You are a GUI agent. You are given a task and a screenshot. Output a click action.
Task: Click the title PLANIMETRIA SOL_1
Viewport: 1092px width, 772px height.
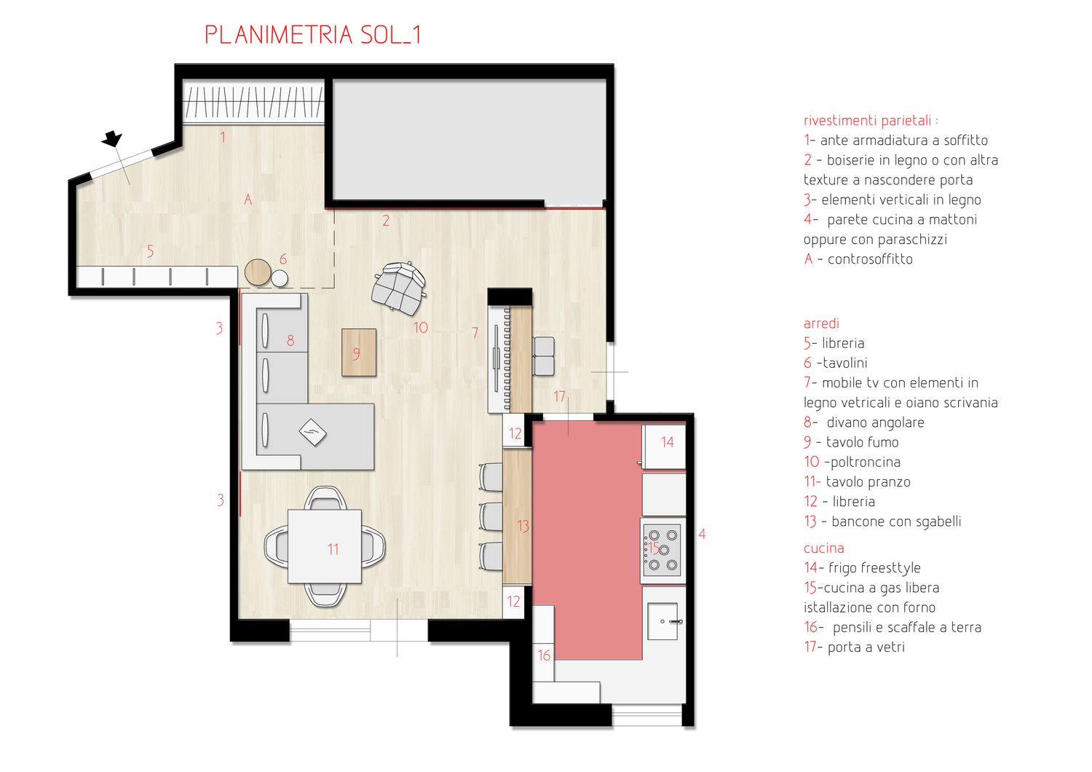[312, 35]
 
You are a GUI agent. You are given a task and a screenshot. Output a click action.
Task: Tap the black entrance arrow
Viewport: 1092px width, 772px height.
[112, 138]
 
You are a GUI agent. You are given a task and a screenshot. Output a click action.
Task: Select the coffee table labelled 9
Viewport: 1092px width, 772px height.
[359, 352]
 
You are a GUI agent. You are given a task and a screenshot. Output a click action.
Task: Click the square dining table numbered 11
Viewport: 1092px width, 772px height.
[325, 547]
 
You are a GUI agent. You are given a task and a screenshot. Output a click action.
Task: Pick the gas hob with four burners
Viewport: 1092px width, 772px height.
[662, 550]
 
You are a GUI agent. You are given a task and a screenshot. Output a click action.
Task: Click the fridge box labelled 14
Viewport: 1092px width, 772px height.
[665, 446]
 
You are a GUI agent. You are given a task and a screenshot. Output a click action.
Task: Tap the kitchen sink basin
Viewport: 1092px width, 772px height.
[662, 621]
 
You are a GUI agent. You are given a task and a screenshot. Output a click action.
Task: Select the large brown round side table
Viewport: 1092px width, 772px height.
[258, 272]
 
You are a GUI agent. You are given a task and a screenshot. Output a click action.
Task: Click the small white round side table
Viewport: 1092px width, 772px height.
[280, 279]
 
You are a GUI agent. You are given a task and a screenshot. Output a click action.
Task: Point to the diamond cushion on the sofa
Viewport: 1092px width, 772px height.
[312, 432]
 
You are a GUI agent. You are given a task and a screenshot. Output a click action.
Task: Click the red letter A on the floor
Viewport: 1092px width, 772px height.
[248, 199]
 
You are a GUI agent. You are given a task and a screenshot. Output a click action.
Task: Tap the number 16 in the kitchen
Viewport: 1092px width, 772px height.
[544, 655]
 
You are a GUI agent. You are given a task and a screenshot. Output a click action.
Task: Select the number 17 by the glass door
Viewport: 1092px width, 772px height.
[559, 396]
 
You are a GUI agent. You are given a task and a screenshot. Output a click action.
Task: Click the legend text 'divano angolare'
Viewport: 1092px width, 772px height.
[875, 422]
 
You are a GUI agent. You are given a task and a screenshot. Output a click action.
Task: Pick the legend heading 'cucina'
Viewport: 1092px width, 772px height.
[824, 548]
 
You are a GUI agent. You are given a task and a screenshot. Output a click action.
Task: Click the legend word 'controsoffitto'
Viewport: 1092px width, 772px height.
[870, 259]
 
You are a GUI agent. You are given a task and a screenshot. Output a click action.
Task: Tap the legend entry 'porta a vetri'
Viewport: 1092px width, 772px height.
[866, 647]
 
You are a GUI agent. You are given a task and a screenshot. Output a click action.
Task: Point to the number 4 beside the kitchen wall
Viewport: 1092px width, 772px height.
[702, 534]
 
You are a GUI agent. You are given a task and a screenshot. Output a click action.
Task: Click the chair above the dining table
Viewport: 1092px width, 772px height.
[325, 498]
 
